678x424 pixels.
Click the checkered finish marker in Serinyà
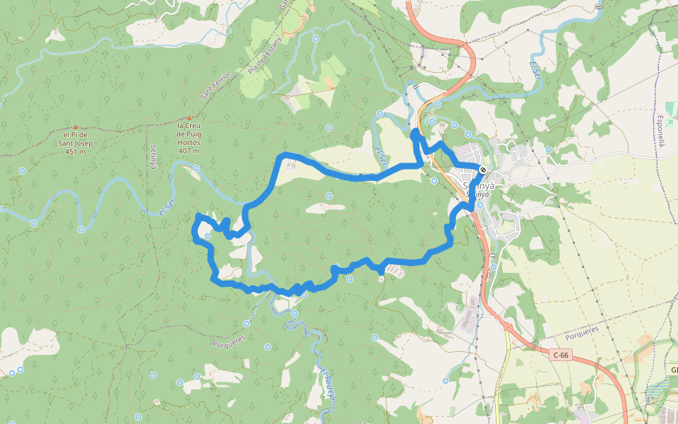pyautogui.click(x=482, y=170)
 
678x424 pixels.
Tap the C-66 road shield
pyautogui.click(x=561, y=355)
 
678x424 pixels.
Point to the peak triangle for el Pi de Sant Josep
pyautogui.click(x=74, y=126)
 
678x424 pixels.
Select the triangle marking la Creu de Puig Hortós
pyautogui.click(x=189, y=118)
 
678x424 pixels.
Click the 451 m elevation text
pyautogui.click(x=74, y=151)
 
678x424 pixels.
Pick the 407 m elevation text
pyautogui.click(x=189, y=151)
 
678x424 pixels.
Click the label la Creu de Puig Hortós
pyautogui.click(x=189, y=134)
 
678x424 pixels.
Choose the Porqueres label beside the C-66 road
pyautogui.click(x=581, y=329)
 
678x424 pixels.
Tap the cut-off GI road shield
pyautogui.click(x=673, y=370)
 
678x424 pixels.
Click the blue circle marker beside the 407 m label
pyautogui.click(x=196, y=168)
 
